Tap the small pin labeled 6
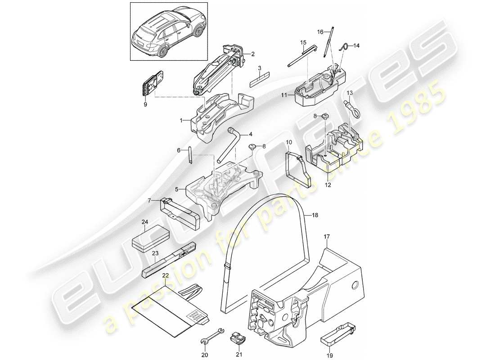click(x=190, y=157)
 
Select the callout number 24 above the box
click(x=145, y=222)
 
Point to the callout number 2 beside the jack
click(x=253, y=54)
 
